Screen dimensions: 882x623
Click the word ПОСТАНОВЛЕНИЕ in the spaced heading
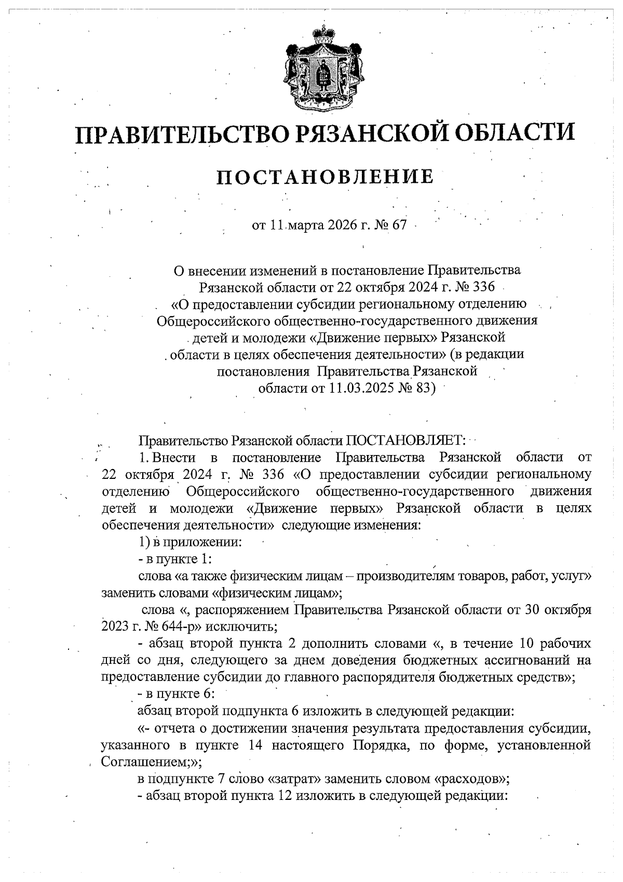(326, 177)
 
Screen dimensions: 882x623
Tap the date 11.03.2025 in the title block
(358, 388)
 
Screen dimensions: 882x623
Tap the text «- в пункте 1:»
(174, 559)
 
